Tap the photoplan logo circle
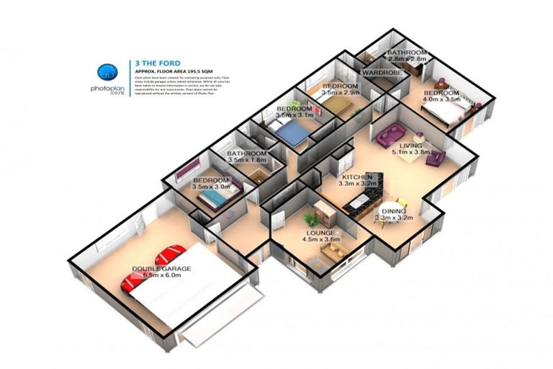click(x=108, y=71)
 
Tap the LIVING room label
click(x=411, y=149)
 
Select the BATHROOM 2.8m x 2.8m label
click(x=407, y=56)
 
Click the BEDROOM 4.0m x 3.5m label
click(x=441, y=97)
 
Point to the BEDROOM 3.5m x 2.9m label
click(x=340, y=90)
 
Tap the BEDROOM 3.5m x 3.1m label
click(x=295, y=112)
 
